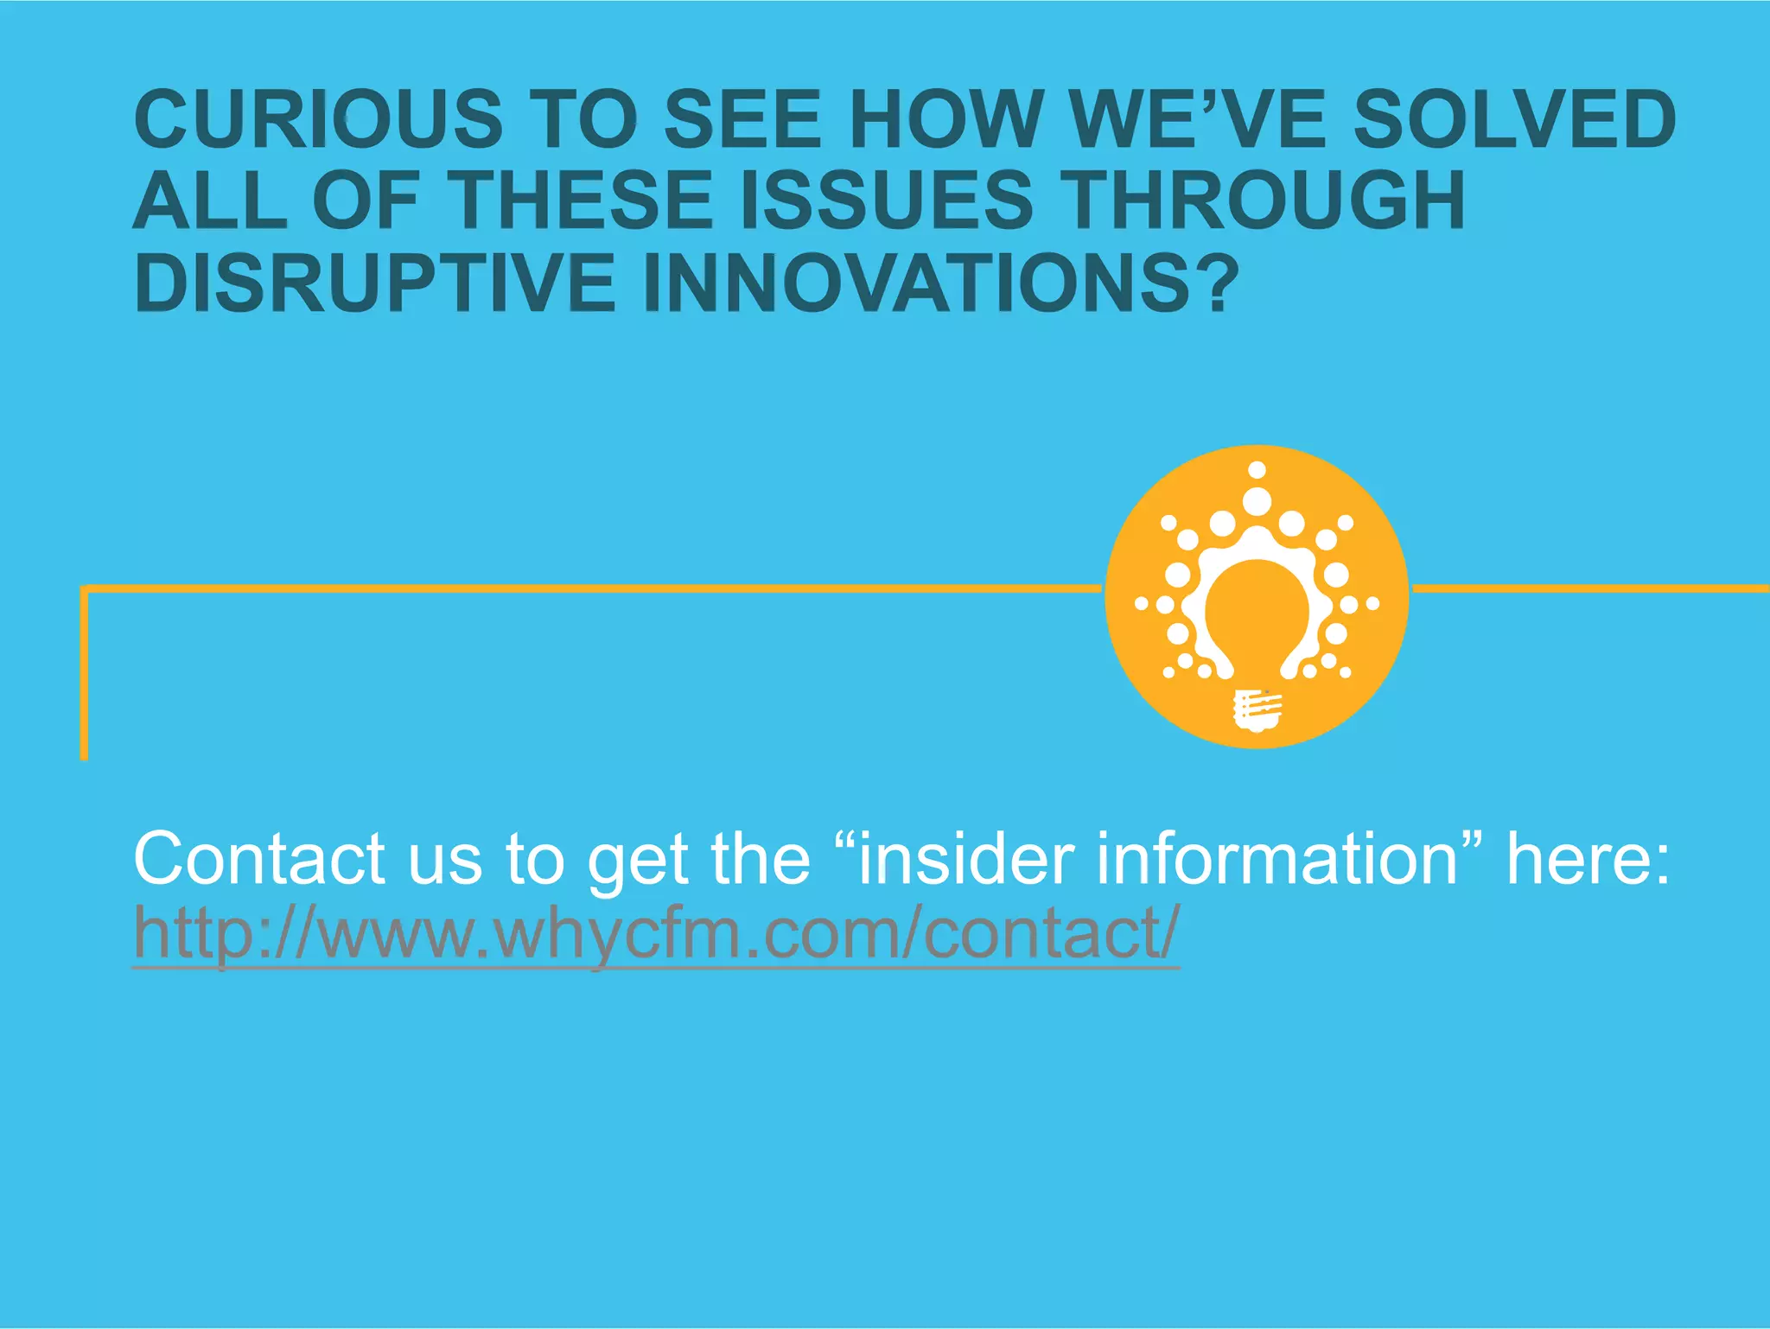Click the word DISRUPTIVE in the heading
pos(375,283)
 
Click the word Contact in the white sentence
pos(259,859)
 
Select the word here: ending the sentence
pos(1589,859)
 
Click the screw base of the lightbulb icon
pos(1257,710)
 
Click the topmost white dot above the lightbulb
pos(1257,470)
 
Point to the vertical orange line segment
pos(84,674)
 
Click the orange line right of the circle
pos(1590,589)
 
